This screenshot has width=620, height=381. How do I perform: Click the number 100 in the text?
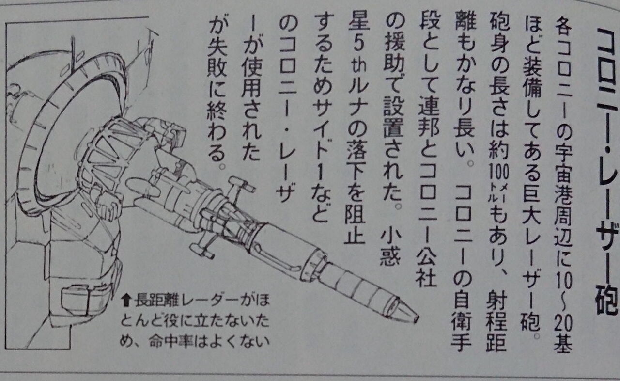point(498,174)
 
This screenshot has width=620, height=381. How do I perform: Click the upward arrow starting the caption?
point(126,301)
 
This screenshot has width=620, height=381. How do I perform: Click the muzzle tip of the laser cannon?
point(416,319)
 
